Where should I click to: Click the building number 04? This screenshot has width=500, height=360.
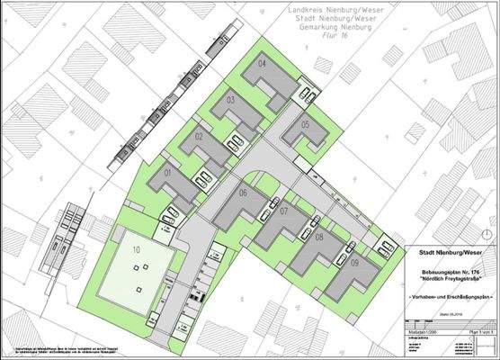[263, 65]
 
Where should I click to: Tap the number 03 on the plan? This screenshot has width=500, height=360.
[230, 100]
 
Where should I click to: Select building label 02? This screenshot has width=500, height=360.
[198, 136]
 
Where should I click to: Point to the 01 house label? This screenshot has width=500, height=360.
[167, 172]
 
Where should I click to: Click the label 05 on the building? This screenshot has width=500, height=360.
[306, 124]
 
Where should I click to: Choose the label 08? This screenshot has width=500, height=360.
[319, 237]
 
